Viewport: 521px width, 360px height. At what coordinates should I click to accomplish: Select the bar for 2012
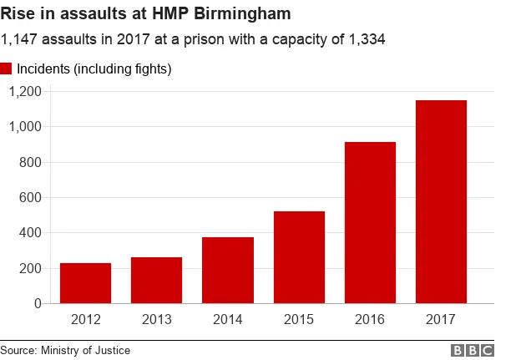click(x=85, y=283)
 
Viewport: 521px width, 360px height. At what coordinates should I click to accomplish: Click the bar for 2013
click(x=156, y=280)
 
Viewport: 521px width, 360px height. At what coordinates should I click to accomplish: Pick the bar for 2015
click(x=299, y=257)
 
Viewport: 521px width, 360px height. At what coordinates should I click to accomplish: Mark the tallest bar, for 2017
click(x=441, y=201)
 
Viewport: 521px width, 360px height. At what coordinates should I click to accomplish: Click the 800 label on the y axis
click(x=30, y=162)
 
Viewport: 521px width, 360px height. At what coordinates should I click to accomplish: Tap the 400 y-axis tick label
click(x=30, y=233)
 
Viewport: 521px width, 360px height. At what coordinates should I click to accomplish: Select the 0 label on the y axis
click(x=38, y=303)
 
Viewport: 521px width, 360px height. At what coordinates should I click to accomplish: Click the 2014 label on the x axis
click(x=227, y=320)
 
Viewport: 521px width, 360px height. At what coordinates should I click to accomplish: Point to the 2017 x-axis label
click(x=441, y=320)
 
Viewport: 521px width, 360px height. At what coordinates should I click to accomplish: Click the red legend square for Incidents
click(x=7, y=68)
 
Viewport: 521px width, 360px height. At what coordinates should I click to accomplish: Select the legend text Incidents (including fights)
click(x=94, y=68)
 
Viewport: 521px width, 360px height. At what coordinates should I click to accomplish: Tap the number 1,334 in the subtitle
click(x=364, y=39)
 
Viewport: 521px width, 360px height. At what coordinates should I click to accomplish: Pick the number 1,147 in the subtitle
click(x=20, y=39)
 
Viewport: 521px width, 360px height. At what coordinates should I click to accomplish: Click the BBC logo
click(x=473, y=351)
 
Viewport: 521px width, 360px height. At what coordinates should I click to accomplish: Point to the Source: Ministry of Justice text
click(x=65, y=351)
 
